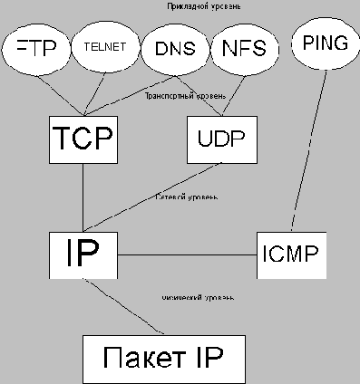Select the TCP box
point(82,138)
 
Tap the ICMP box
point(290,252)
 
